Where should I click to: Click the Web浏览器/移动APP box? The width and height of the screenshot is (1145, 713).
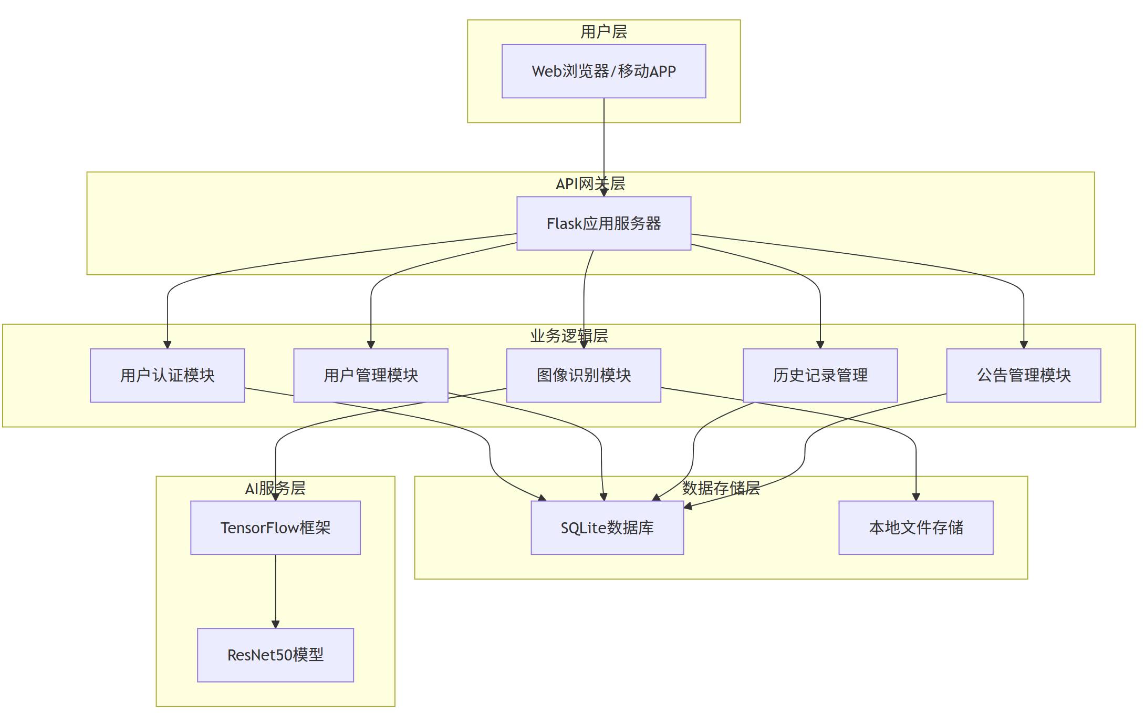(x=603, y=71)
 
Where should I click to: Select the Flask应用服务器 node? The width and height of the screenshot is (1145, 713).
(x=603, y=223)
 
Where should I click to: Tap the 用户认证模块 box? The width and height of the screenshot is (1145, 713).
(x=167, y=375)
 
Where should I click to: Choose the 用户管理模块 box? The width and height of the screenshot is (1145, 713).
(x=370, y=375)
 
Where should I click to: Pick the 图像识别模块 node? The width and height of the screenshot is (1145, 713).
(x=583, y=375)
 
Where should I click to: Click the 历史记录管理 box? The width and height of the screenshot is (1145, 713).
(x=820, y=375)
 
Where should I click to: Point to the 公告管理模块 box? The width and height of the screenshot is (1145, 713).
(x=1023, y=375)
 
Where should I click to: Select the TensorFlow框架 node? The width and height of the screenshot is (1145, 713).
(x=275, y=528)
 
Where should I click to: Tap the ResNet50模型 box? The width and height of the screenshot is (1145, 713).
(x=275, y=655)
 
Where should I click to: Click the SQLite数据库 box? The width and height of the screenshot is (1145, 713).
(x=607, y=528)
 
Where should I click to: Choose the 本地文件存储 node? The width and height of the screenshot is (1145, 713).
(x=915, y=528)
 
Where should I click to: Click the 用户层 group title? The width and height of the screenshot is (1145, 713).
(x=603, y=32)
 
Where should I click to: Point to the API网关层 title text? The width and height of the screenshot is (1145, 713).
(x=590, y=184)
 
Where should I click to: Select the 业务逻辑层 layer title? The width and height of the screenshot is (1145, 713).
(x=568, y=336)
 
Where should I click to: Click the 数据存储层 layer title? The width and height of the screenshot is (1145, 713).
(x=721, y=488)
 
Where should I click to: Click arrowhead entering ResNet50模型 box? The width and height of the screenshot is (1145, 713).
(x=275, y=624)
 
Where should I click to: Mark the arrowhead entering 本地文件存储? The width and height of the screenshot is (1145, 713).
(x=915, y=497)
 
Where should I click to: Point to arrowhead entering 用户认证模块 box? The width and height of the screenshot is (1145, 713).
(x=167, y=345)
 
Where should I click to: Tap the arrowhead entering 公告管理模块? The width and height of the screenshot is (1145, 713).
(x=1023, y=345)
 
